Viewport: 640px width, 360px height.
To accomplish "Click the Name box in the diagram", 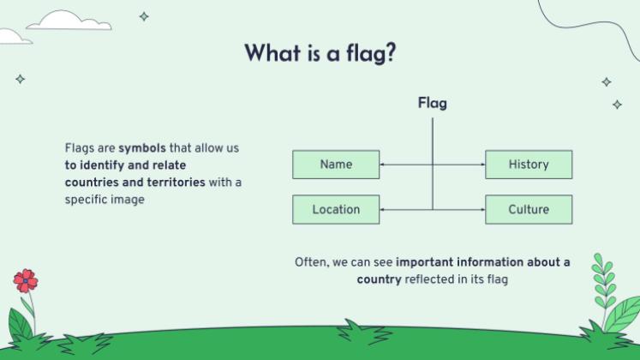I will point(335,165).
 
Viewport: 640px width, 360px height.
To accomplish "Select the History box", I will point(528,165).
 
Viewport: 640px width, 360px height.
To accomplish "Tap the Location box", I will point(335,209).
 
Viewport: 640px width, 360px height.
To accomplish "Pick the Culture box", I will point(528,209).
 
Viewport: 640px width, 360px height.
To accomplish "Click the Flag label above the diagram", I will point(432,104).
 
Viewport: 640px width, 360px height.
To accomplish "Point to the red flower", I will point(26,279).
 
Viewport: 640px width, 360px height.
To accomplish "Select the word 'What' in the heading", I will point(272,52).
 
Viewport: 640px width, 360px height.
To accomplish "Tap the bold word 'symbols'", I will point(142,148).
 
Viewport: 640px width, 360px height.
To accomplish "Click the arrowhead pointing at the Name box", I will point(382,165).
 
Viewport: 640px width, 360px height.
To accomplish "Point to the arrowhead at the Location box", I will point(382,209).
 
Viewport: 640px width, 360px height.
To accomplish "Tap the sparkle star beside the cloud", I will point(144,15).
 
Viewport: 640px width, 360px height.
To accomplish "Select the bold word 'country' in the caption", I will point(379,279).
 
